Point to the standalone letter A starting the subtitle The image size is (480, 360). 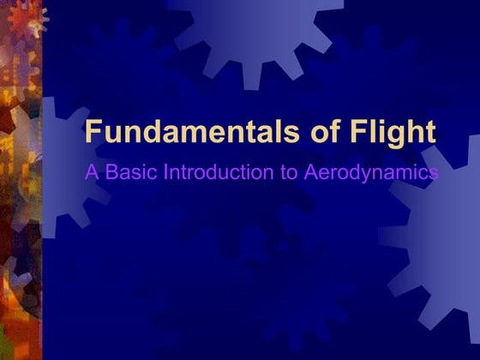(91, 172)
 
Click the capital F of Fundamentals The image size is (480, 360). (93, 133)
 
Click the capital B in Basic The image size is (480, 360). (109, 172)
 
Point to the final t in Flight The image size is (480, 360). (429, 133)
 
